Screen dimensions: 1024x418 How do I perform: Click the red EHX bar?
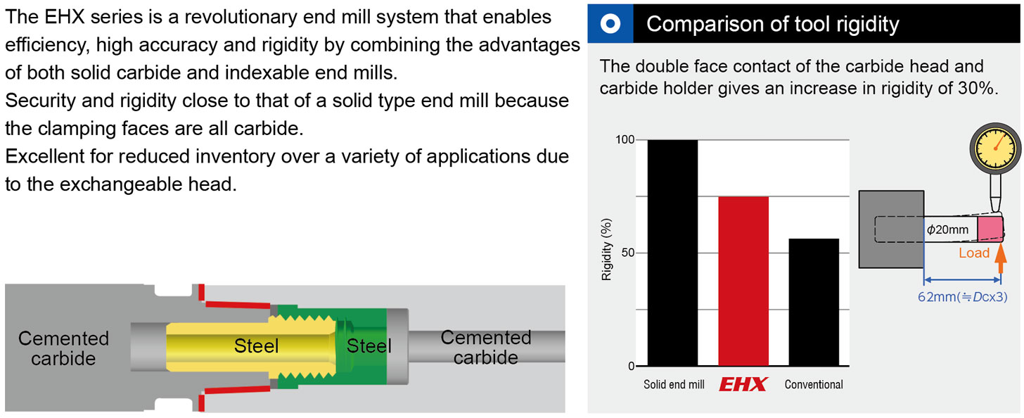pyautogui.click(x=743, y=281)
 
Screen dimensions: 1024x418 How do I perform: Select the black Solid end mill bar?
pyautogui.click(x=673, y=253)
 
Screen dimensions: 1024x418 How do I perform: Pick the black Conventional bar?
pyautogui.click(x=814, y=303)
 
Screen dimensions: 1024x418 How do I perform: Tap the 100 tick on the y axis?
pyautogui.click(x=625, y=139)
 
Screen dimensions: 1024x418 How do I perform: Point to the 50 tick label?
pyautogui.click(x=628, y=253)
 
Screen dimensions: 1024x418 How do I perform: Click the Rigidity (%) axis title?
pyautogui.click(x=606, y=250)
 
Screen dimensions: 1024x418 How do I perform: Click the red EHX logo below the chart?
pyautogui.click(x=743, y=384)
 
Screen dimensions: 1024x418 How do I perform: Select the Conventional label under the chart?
pyautogui.click(x=814, y=385)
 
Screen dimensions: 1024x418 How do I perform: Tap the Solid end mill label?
pyautogui.click(x=674, y=385)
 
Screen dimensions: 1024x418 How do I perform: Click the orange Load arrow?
pyautogui.click(x=1001, y=258)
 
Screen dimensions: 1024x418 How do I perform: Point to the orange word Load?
pyautogui.click(x=973, y=253)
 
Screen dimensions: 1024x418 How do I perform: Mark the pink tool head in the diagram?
pyautogui.click(x=990, y=229)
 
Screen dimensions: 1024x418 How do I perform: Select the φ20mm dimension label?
pyautogui.click(x=947, y=229)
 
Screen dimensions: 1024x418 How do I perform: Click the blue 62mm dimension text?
pyautogui.click(x=962, y=297)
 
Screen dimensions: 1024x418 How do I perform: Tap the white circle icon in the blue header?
pyautogui.click(x=610, y=24)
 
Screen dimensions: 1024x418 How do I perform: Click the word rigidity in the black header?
pyautogui.click(x=867, y=25)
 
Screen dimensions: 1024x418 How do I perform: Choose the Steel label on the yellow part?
pyautogui.click(x=256, y=346)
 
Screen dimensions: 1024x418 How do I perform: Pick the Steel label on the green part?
pyautogui.click(x=369, y=346)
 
